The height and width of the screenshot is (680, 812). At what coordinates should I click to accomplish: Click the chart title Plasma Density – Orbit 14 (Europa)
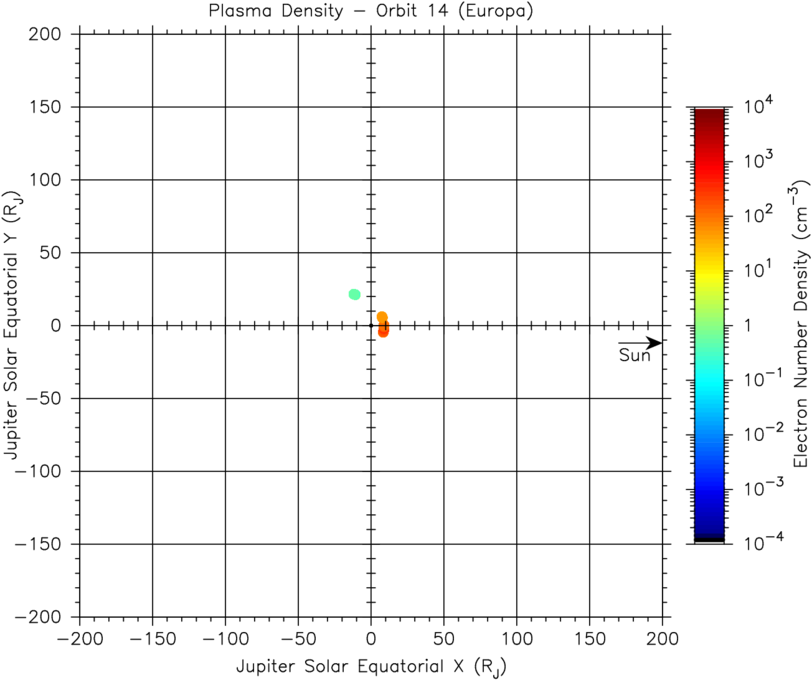pos(371,13)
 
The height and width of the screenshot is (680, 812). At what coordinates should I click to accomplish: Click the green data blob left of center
pos(354,294)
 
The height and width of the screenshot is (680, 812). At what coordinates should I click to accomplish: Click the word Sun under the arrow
pos(633,355)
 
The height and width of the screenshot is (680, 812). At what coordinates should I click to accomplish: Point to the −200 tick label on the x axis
pos(80,638)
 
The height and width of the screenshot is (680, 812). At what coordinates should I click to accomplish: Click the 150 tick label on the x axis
pos(589,638)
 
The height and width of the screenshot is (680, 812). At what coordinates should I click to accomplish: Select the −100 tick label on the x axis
pos(225,638)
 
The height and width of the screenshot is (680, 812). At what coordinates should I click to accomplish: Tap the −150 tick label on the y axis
pos(43,544)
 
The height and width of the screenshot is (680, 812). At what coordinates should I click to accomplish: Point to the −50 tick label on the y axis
pos(47,399)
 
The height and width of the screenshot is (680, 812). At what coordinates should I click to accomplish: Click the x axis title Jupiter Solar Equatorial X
pos(371,665)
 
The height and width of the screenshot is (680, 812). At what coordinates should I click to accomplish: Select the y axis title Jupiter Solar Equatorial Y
pos(13,325)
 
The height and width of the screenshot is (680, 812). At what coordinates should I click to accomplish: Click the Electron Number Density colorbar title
pos(799,325)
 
